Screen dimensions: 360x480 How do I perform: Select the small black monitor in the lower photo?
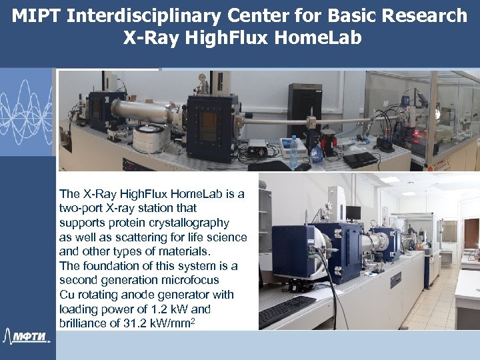point(353,213)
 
